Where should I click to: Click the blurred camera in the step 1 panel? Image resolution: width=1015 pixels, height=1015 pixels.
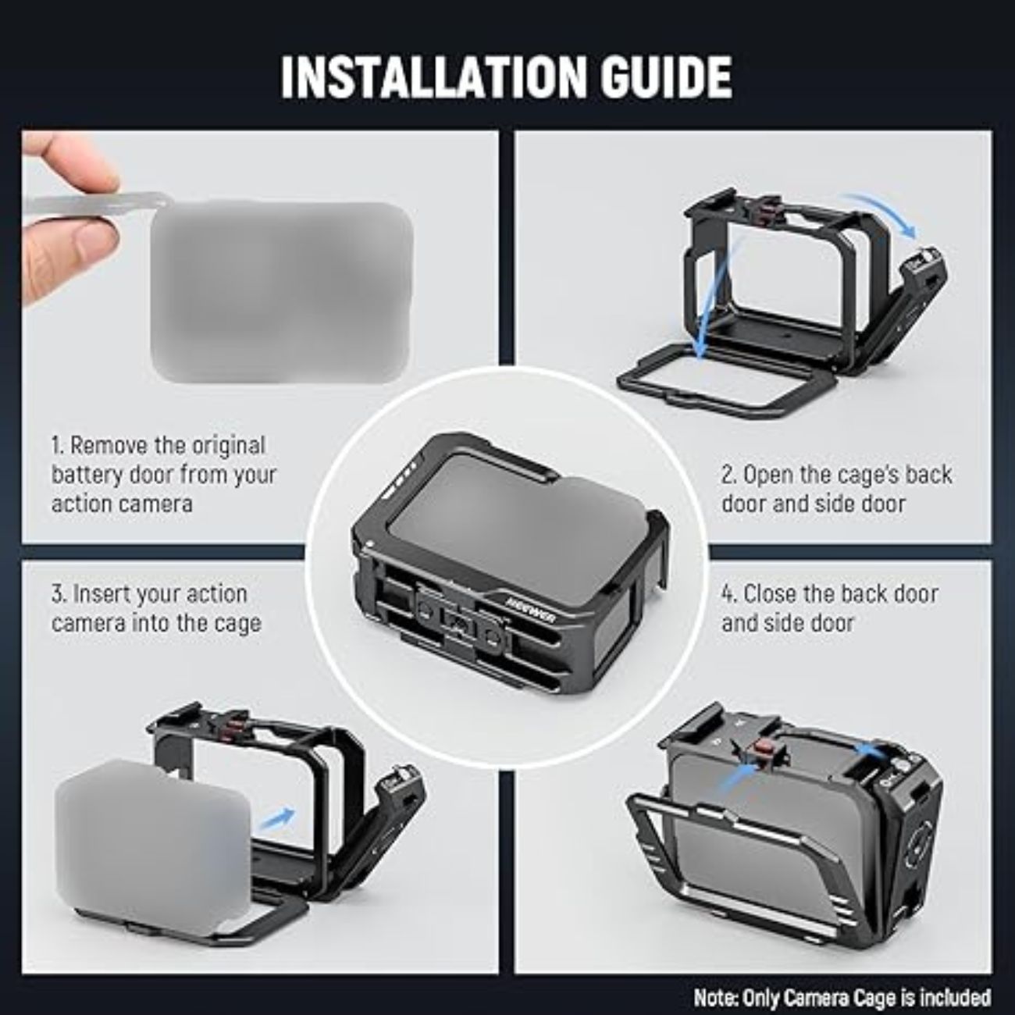[x=281, y=292]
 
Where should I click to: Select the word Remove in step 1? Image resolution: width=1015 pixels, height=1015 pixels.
[x=109, y=446]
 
